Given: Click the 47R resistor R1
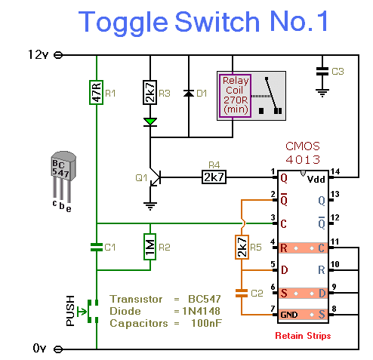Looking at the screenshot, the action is [x=97, y=92].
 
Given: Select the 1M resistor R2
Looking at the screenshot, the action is [x=150, y=247].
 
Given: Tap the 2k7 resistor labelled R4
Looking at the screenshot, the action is [x=214, y=177].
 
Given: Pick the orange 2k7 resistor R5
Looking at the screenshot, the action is [x=242, y=247].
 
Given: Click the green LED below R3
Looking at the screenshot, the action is [x=150, y=122].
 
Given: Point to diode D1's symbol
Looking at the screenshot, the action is [x=189, y=94].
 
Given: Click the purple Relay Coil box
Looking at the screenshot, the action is [x=236, y=96].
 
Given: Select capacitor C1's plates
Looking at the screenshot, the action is [x=97, y=247].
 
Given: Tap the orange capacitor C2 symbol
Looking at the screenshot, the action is [x=242, y=294].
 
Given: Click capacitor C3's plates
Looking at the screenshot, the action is [x=322, y=71].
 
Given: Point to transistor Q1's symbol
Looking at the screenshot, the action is [x=154, y=177].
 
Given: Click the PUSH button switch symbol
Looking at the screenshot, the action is [x=88, y=311].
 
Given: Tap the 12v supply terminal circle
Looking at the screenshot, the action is [x=58, y=55].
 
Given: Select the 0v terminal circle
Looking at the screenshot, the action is [x=58, y=349].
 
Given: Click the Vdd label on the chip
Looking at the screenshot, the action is [x=316, y=180].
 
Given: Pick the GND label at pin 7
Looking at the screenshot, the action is [x=289, y=315].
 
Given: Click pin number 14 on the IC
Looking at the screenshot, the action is [x=335, y=171].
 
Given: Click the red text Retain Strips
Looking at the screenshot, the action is [x=303, y=336].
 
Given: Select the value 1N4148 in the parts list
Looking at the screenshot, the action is [x=201, y=311].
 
